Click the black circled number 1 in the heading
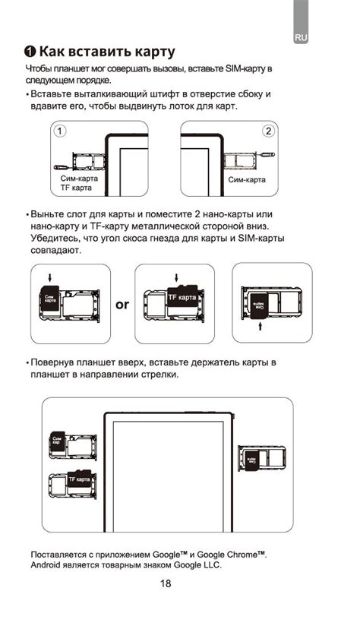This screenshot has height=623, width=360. pyautogui.click(x=30, y=52)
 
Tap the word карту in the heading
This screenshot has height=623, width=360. pyautogui.click(x=147, y=52)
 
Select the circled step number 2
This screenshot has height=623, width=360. pyautogui.click(x=267, y=131)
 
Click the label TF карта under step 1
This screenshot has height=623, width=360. pyautogui.click(x=76, y=187)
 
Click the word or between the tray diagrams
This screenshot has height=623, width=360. pyautogui.click(x=122, y=305)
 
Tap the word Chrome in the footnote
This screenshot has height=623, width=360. pyautogui.click(x=237, y=555)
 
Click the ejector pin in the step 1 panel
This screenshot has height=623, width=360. pyautogui.click(x=65, y=166)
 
